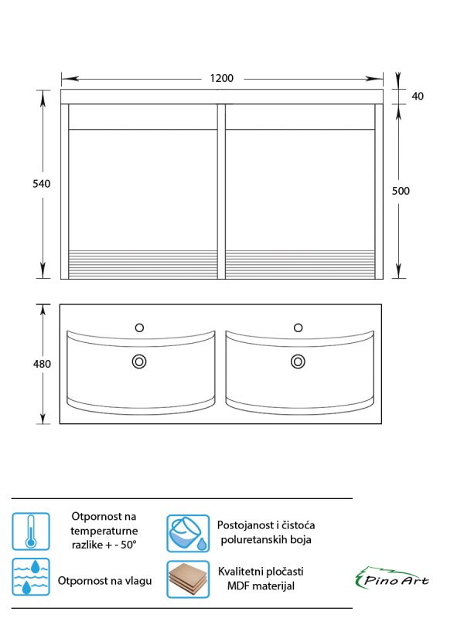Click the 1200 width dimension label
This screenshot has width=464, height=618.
222,78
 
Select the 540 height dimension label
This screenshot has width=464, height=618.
42,184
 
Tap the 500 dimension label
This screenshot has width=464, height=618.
401,191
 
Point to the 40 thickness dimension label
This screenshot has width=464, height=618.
418,96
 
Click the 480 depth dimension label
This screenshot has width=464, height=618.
42,364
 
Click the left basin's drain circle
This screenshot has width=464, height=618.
139,362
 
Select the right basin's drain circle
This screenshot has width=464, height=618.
298,362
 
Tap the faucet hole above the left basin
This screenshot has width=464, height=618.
139,328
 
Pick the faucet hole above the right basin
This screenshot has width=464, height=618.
299,328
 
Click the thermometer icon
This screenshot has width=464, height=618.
31,531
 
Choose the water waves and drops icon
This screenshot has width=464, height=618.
31,576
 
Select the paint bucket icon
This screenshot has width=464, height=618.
188,533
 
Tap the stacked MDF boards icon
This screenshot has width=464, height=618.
188,579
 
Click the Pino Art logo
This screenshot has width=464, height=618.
392,578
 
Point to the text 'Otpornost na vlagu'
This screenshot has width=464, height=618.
104,581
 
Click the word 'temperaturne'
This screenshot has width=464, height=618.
104,531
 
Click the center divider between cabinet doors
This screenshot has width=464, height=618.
221,192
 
